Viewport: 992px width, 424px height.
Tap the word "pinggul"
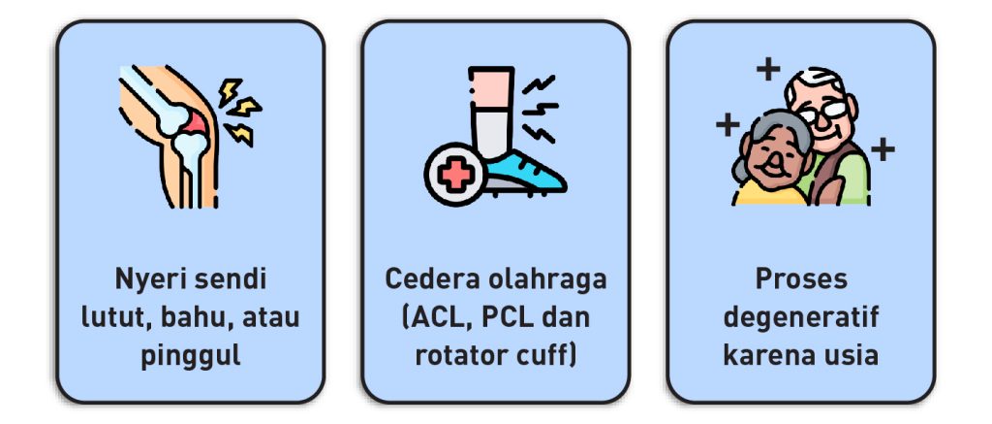click(191, 355)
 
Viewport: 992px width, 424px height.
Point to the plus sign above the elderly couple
click(767, 69)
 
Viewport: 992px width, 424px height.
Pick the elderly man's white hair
click(812, 78)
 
